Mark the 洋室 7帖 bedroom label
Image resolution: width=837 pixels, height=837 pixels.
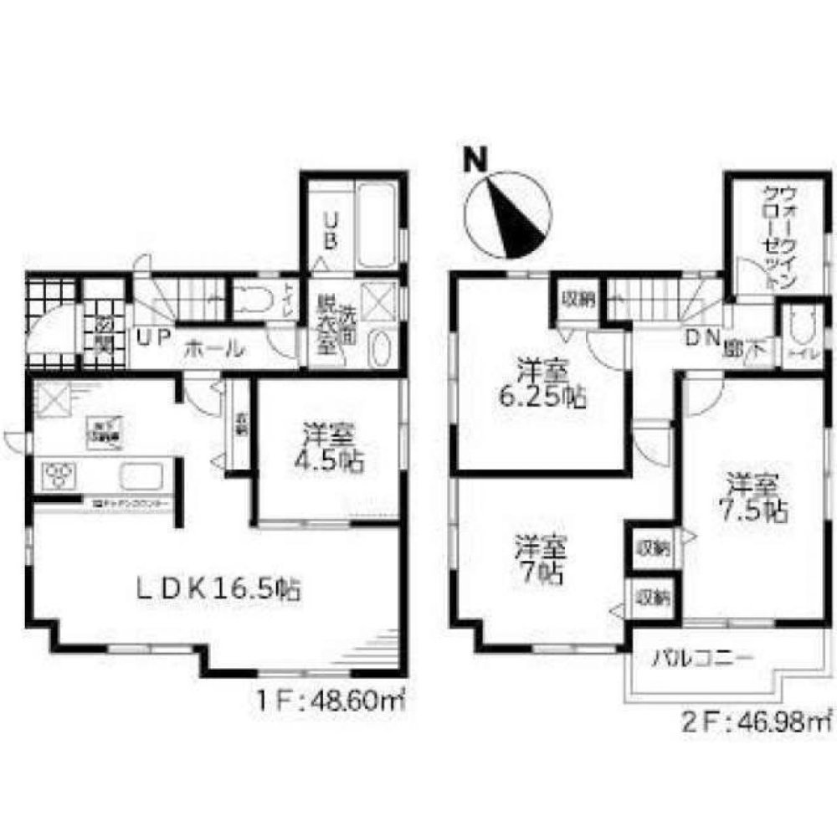pos(541,560)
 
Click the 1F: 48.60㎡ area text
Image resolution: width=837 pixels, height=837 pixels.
pos(327,697)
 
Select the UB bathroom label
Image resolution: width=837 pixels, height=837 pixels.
pos(331,230)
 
